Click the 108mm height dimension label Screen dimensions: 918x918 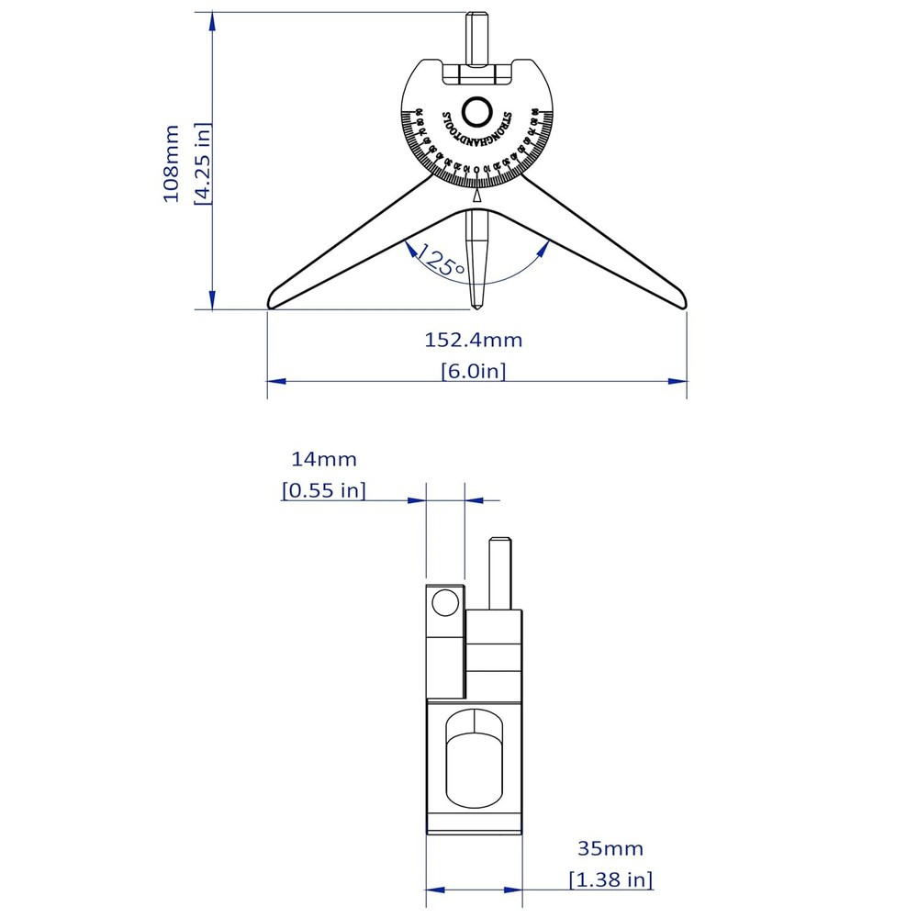pyautogui.click(x=172, y=163)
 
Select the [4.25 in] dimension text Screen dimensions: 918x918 pyautogui.click(x=203, y=163)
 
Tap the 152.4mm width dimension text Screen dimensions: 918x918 pyautogui.click(x=473, y=340)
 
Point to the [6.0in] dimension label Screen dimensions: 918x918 pyautogui.click(x=473, y=371)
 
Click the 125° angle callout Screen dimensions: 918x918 pyautogui.click(x=440, y=263)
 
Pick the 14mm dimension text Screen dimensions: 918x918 pyautogui.click(x=324, y=459)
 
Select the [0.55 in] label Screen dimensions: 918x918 pyautogui.click(x=324, y=490)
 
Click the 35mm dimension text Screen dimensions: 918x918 pyautogui.click(x=610, y=848)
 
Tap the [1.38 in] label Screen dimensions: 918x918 pyautogui.click(x=610, y=879)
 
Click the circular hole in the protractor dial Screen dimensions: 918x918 pyautogui.click(x=476, y=112)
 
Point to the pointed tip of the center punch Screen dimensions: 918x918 pyautogui.click(x=476, y=306)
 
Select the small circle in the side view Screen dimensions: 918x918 pyautogui.click(x=445, y=603)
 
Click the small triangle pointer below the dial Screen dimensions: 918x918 pyautogui.click(x=476, y=196)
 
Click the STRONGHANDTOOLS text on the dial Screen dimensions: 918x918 pyautogui.click(x=476, y=138)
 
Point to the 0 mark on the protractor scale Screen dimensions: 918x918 pyautogui.click(x=476, y=169)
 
